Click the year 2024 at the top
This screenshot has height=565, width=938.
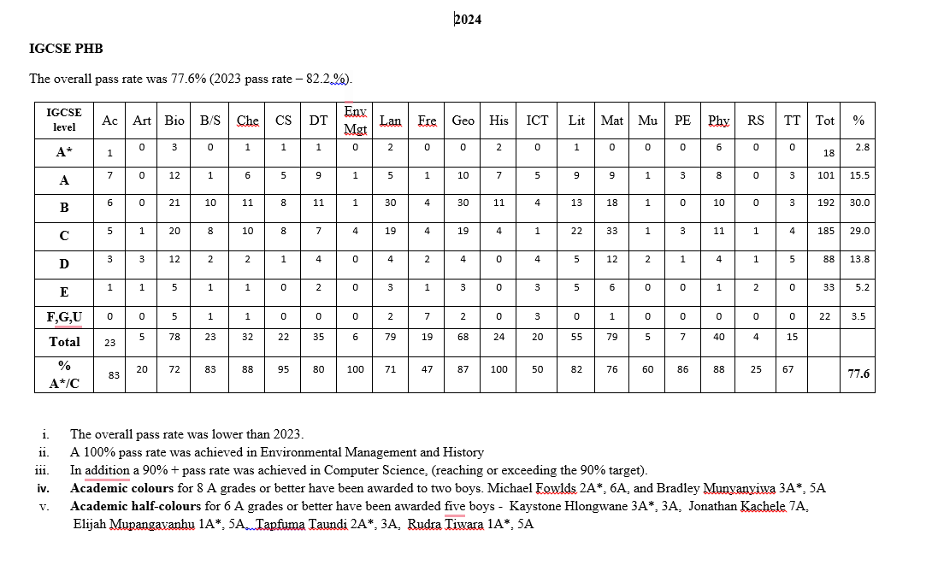point(468,20)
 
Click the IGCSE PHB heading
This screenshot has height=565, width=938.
point(66,49)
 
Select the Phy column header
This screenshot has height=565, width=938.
point(718,121)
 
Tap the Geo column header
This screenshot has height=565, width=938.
point(463,121)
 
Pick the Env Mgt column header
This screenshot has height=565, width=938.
point(355,121)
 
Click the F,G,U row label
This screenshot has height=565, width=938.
point(64,318)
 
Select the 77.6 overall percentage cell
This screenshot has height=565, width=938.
point(858,374)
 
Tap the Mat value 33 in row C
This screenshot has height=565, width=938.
point(611,231)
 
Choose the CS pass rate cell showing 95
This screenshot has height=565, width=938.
point(283,369)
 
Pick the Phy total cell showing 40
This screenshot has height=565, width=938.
point(718,337)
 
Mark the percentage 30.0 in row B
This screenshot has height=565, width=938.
point(859,203)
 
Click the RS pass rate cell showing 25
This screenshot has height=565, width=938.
point(755,369)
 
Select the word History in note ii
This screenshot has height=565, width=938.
point(462,452)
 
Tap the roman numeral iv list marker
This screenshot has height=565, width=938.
point(43,489)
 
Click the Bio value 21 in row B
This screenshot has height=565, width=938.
point(174,203)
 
